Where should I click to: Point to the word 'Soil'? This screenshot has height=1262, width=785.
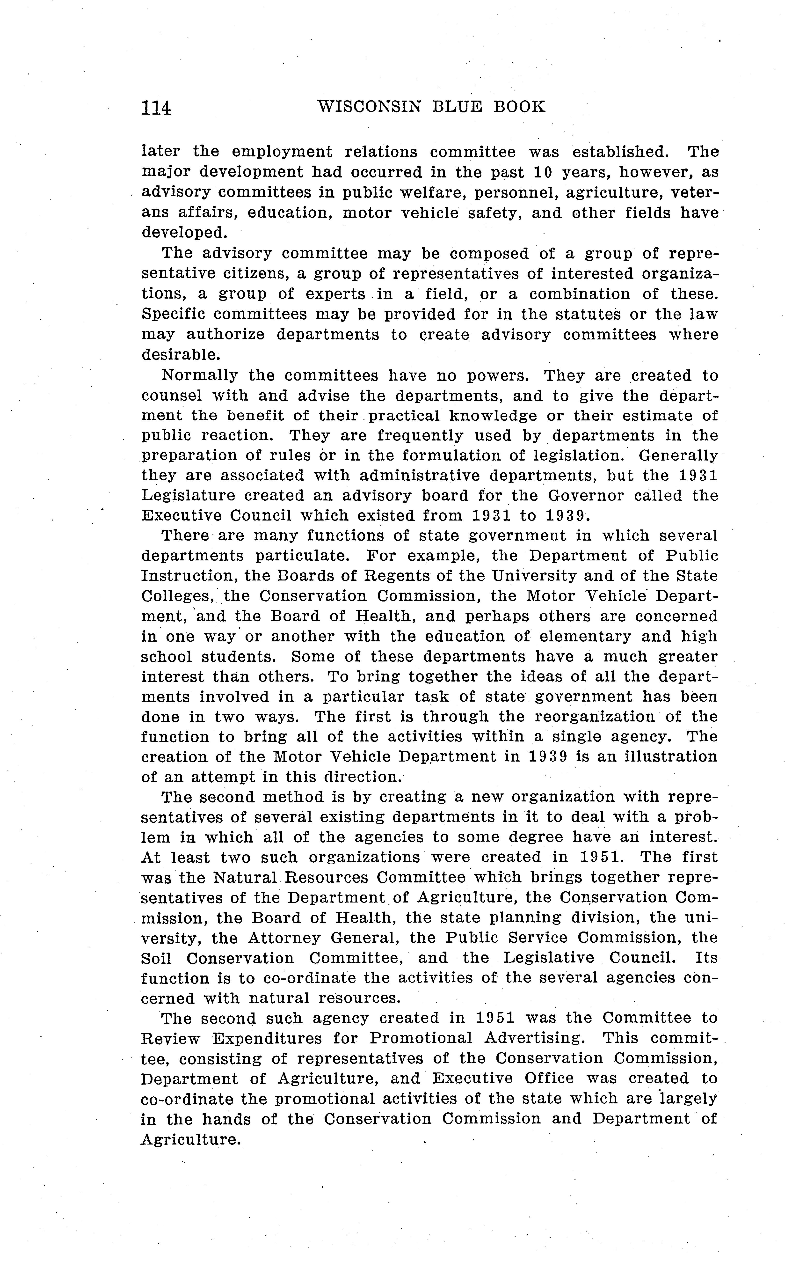156,958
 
